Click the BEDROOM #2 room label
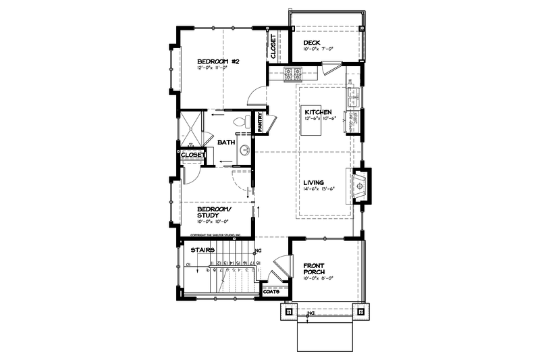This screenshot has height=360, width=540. coord(214,61)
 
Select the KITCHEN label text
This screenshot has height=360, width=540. coord(317,111)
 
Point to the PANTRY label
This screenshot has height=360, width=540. coord(259,122)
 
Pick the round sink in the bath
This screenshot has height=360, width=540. coord(244,150)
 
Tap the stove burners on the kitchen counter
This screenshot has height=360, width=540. coord(292,74)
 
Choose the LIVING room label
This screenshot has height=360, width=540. coord(314,182)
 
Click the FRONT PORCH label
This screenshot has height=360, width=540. coord(315,269)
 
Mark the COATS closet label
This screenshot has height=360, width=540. coord(271,292)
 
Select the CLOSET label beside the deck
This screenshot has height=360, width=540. coord(273,45)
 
